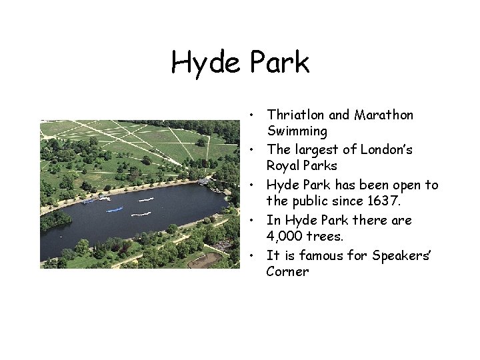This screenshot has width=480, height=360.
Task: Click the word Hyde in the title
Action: (x=206, y=63)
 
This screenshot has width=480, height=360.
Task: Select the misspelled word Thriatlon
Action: (x=293, y=115)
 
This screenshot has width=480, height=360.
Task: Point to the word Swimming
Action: (x=297, y=131)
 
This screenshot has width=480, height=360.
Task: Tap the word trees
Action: (x=327, y=237)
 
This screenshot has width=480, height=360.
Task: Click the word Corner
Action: (x=287, y=272)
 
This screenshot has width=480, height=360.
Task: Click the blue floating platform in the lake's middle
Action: (x=115, y=210)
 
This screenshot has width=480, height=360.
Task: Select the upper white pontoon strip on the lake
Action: (x=145, y=199)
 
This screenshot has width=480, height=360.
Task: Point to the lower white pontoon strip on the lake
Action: (x=141, y=214)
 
